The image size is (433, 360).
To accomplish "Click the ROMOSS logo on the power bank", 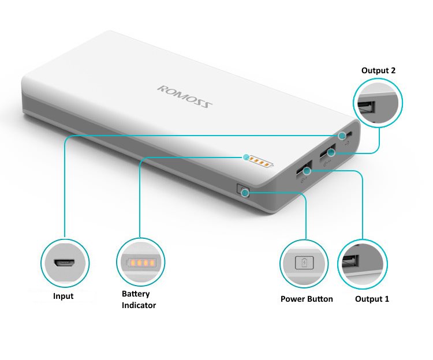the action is click(185, 97).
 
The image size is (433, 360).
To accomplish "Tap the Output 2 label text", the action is click(378, 70).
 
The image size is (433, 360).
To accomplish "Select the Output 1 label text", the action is click(372, 299).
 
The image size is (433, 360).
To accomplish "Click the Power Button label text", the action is click(307, 299).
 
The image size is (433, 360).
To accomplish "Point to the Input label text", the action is click(64, 297).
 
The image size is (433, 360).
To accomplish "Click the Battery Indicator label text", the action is click(139, 299).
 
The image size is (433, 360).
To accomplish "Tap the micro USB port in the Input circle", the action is click(65, 263).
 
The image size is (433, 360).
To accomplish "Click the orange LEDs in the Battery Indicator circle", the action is click(141, 262).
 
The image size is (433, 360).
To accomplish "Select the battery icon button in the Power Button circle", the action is click(304, 262).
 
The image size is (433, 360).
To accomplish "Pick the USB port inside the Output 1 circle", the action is click(350, 261).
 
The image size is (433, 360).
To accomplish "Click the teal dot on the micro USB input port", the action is click(342, 136).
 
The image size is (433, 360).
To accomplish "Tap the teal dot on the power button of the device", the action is click(245, 193).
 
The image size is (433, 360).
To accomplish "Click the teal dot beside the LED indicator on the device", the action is click(246, 157).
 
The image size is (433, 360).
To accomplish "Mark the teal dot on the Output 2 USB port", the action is click(331, 152).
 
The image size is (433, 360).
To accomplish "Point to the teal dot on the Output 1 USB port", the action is click(307, 171).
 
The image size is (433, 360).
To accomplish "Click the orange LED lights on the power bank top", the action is click(260, 162).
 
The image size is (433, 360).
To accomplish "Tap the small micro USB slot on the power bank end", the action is click(350, 134).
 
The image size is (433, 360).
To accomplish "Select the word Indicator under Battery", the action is click(139, 305).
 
